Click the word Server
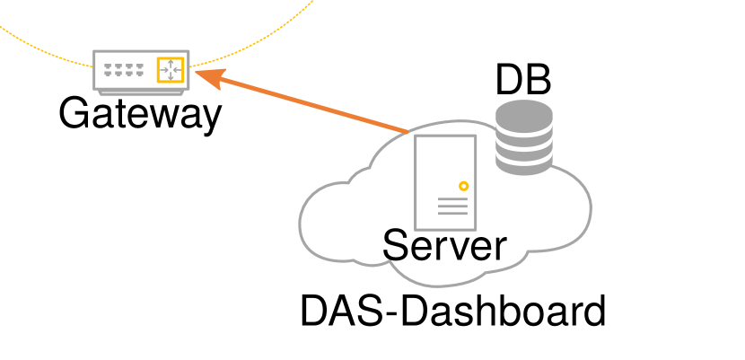point(444,246)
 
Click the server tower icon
point(445,181)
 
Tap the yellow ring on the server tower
point(463,186)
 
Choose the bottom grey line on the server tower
point(452,214)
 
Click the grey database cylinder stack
point(523,136)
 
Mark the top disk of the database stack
point(523,113)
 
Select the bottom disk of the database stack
point(523,162)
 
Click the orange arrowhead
point(206,77)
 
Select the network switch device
point(141,71)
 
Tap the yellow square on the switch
point(170,70)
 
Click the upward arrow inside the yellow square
point(170,63)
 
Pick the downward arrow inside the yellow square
point(170,77)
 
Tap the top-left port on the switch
point(108,66)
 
